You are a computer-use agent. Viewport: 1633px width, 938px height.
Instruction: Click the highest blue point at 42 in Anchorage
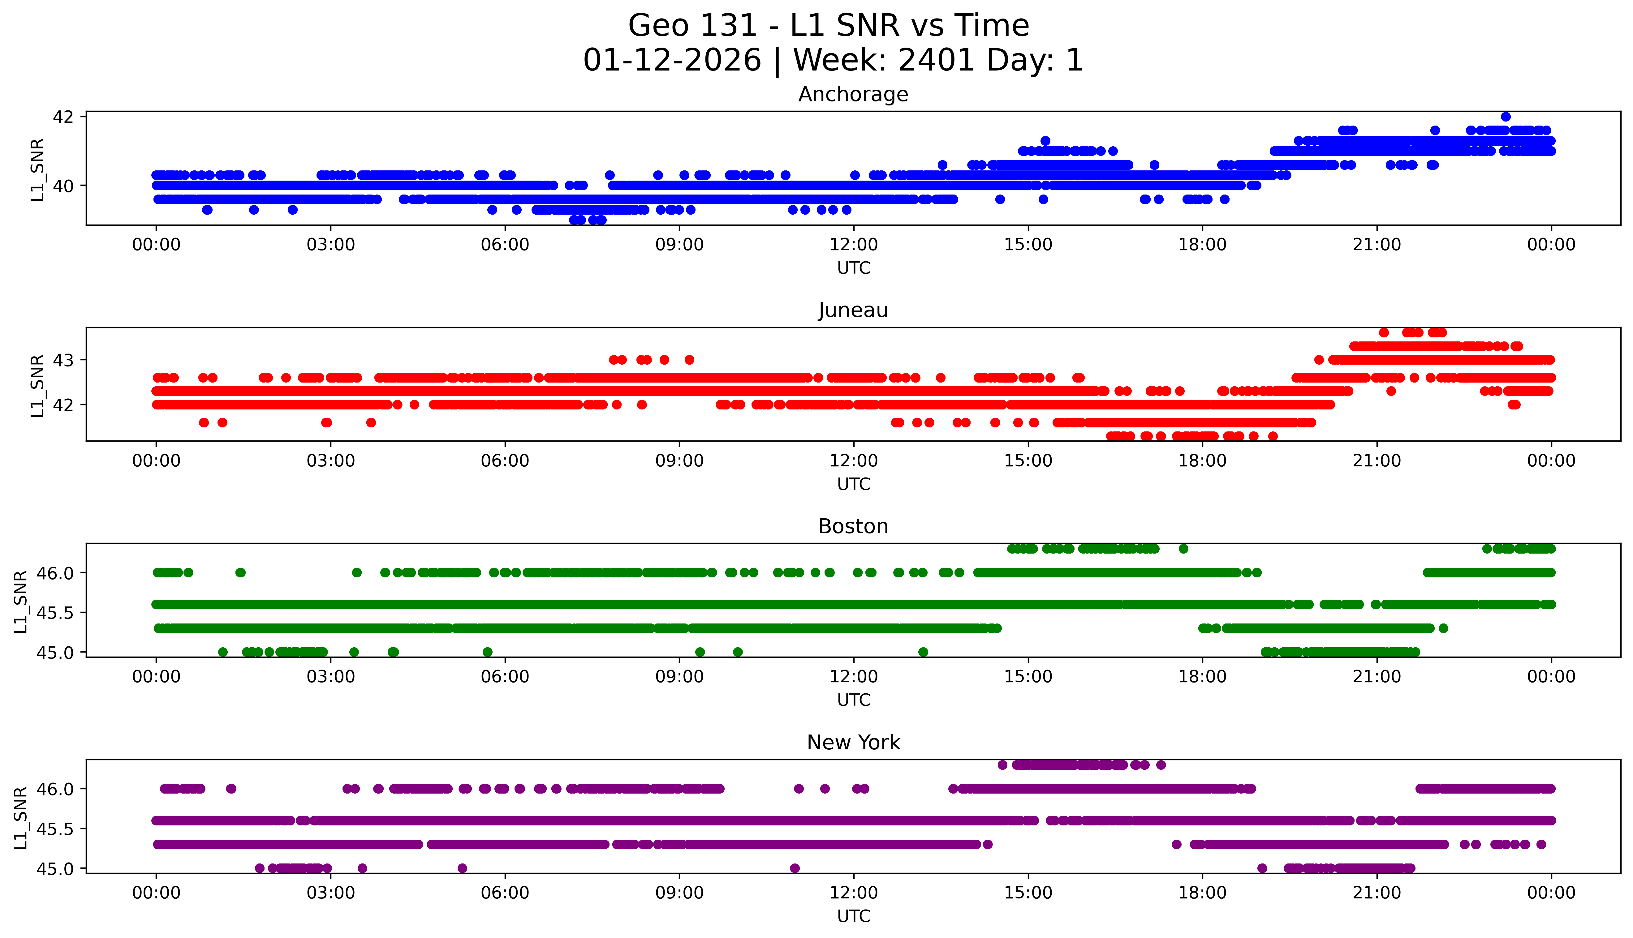(1506, 117)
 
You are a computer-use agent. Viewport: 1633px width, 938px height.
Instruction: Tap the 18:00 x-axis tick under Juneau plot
(1203, 460)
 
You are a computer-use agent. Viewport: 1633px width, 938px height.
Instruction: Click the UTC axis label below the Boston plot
(853, 700)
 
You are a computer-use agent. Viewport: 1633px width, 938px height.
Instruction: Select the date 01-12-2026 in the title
(672, 61)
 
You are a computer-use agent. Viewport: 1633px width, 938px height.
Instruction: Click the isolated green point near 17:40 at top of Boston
(1183, 549)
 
